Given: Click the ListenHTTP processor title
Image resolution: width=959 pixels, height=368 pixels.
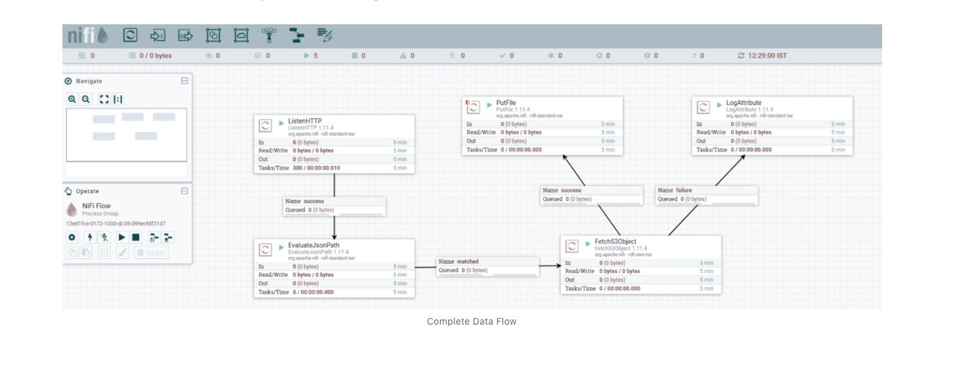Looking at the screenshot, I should tap(305, 121).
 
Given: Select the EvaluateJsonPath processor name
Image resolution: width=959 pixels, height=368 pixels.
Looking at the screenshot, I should tap(313, 245).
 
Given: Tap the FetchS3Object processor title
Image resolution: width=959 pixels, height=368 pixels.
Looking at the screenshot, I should tap(615, 241).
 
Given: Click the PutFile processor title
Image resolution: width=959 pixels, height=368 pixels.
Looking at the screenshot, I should tap(506, 103).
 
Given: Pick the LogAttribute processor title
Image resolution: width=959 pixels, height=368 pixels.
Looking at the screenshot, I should tap(744, 103).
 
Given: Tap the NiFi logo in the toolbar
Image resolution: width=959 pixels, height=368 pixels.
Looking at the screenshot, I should tap(89, 35).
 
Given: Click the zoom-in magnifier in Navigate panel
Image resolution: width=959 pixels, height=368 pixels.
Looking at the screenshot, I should tap(72, 99).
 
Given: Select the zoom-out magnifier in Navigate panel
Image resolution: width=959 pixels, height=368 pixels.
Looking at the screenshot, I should tap(86, 99).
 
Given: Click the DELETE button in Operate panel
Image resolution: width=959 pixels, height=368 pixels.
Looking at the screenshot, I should tap(152, 252).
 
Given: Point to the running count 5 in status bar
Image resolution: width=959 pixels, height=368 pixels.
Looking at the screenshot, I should tap(315, 56).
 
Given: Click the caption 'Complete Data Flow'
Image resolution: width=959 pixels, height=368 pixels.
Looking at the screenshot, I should tap(472, 321).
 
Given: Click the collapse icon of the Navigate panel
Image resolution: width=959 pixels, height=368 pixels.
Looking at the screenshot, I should tap(185, 81).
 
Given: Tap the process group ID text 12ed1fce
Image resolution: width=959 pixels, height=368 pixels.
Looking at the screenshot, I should tap(116, 223).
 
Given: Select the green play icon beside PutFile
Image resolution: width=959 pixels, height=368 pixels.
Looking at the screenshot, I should tap(489, 104).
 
